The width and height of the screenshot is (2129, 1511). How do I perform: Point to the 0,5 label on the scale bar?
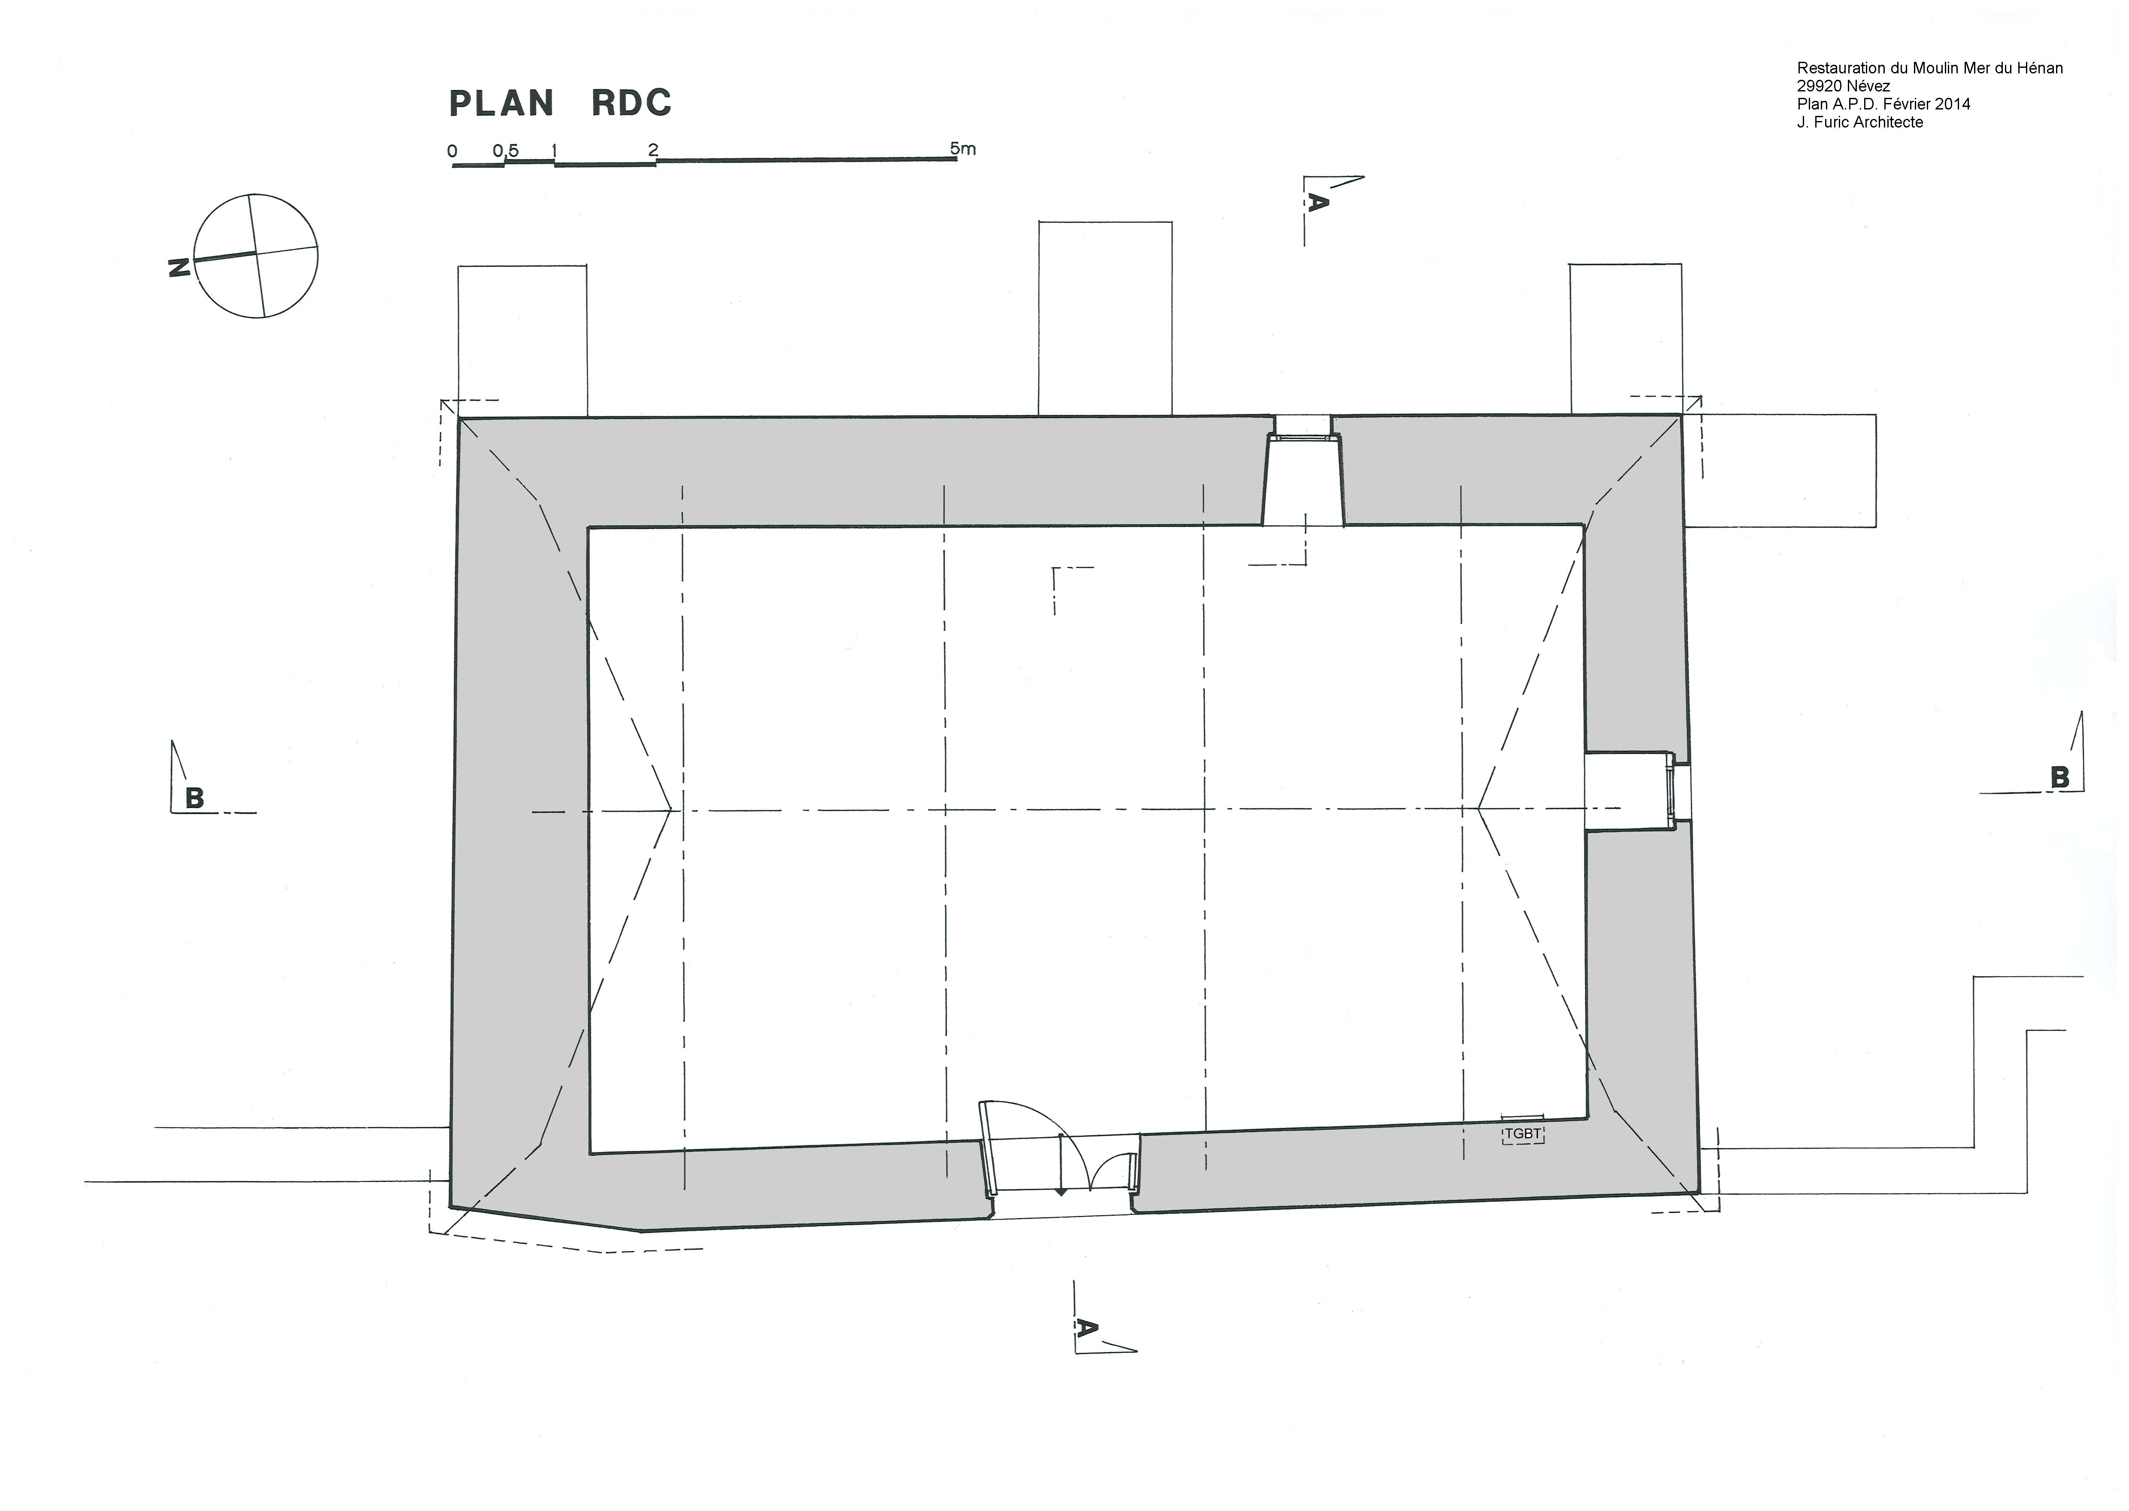(x=506, y=151)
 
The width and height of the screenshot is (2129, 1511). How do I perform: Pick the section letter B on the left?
(x=194, y=798)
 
